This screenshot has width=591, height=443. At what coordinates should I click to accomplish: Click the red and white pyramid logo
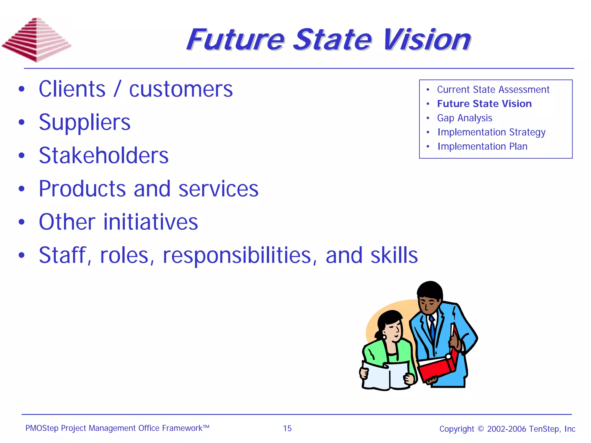coord(36,40)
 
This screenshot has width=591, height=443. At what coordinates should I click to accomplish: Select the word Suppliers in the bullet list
coord(85,122)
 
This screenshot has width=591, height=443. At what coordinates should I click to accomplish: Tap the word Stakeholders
coord(104,156)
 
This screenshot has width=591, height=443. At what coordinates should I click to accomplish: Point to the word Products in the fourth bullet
coord(82,189)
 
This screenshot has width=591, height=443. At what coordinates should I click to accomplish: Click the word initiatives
coord(151,222)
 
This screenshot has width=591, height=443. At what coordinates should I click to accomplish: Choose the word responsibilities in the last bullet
coord(237,256)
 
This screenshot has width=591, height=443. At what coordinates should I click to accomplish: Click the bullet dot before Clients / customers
coord(22,89)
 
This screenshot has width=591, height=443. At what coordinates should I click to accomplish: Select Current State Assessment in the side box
coord(493,90)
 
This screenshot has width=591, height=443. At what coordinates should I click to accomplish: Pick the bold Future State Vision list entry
coord(484,104)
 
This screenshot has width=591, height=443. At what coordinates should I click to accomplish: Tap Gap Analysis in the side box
coord(464,118)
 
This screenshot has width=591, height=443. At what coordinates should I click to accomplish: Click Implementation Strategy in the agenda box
coord(491,132)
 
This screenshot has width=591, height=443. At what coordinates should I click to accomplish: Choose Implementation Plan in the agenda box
coord(482,146)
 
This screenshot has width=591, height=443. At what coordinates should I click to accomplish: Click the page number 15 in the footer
coord(287,428)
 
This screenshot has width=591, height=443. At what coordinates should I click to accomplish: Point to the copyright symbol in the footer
coord(480,429)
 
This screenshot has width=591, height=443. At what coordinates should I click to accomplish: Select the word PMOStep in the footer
coord(42,428)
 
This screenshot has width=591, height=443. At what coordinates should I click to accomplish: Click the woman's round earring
coord(385,337)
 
